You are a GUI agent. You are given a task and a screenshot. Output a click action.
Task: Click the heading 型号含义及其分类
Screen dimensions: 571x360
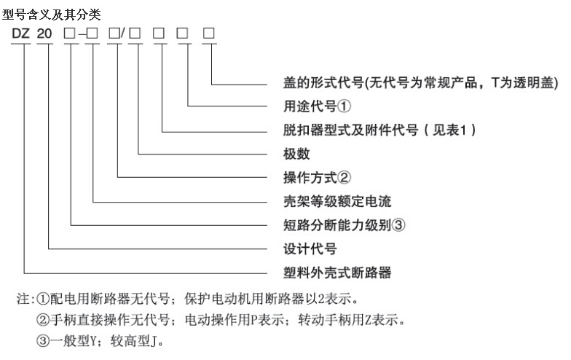[51, 15]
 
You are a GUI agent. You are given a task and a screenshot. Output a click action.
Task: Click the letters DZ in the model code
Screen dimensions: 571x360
[20, 34]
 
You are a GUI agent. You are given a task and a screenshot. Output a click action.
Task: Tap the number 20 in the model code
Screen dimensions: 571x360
[44, 34]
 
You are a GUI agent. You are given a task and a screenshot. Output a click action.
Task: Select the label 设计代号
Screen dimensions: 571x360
[310, 249]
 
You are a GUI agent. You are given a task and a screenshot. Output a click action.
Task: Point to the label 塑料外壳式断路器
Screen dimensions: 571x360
[337, 273]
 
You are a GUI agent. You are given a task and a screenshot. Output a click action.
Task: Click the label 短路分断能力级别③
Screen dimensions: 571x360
[344, 224]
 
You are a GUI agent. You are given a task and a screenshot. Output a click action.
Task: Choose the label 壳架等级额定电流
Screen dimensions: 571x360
[337, 201]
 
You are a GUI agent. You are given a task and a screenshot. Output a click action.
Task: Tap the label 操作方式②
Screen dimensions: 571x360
[318, 178]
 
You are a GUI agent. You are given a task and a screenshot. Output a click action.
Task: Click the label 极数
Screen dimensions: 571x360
[296, 154]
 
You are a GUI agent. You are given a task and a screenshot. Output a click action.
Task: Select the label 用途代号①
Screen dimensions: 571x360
[318, 106]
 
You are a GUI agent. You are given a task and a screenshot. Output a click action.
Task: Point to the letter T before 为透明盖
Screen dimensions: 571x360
[495, 83]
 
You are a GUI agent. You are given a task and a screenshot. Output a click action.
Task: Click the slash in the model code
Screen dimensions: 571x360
[122, 34]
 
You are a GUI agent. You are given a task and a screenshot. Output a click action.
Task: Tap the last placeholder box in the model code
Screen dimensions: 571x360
[208, 34]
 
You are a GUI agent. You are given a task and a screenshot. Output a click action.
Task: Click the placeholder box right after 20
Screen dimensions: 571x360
[69, 34]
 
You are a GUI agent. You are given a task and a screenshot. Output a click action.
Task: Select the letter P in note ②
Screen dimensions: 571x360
[253, 321]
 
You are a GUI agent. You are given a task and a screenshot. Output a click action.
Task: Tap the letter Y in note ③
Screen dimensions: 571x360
[93, 341]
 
